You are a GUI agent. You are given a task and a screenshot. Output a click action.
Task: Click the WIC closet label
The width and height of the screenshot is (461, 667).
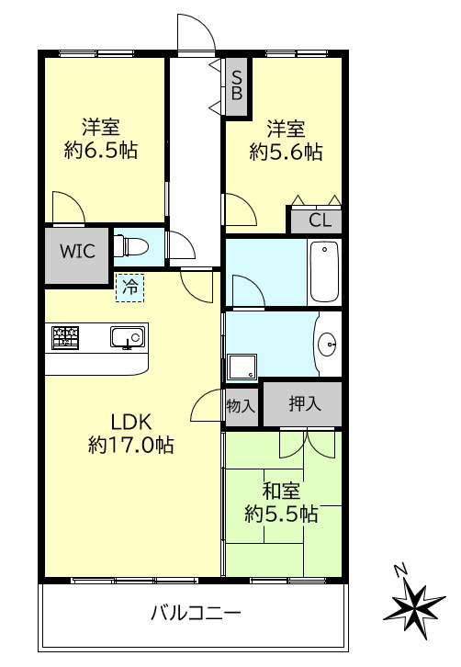click(x=77, y=251)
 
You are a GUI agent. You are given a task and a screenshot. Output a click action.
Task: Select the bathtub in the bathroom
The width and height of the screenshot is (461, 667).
click(x=324, y=271)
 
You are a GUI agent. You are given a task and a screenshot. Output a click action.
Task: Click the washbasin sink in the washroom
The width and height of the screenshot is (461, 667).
click(x=329, y=345)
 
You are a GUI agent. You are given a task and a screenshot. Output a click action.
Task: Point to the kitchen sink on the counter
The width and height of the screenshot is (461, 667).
click(x=127, y=338)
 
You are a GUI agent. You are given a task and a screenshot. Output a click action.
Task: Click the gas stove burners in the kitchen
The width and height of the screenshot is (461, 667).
click(x=64, y=337)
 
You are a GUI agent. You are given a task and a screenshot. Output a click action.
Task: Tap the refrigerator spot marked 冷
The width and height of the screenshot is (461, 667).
click(x=130, y=287)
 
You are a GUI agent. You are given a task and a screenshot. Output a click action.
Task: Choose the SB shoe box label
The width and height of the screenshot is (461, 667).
click(x=237, y=85)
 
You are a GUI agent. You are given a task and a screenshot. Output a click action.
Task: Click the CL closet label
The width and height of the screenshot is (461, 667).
click(x=319, y=220)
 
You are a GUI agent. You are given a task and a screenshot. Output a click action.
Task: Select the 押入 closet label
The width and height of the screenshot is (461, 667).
click(x=304, y=403)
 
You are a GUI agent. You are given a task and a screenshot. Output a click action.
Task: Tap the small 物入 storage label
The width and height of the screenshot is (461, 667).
click(x=241, y=405)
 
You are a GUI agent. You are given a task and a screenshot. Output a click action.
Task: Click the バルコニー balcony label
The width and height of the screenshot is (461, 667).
click(x=195, y=613)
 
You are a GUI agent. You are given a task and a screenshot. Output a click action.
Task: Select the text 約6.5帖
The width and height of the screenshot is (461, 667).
click(x=101, y=150)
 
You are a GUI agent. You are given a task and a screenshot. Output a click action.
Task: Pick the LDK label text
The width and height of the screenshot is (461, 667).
click(x=130, y=422)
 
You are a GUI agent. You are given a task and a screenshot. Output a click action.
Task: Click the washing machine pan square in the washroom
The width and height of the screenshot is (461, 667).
click(x=242, y=367)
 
